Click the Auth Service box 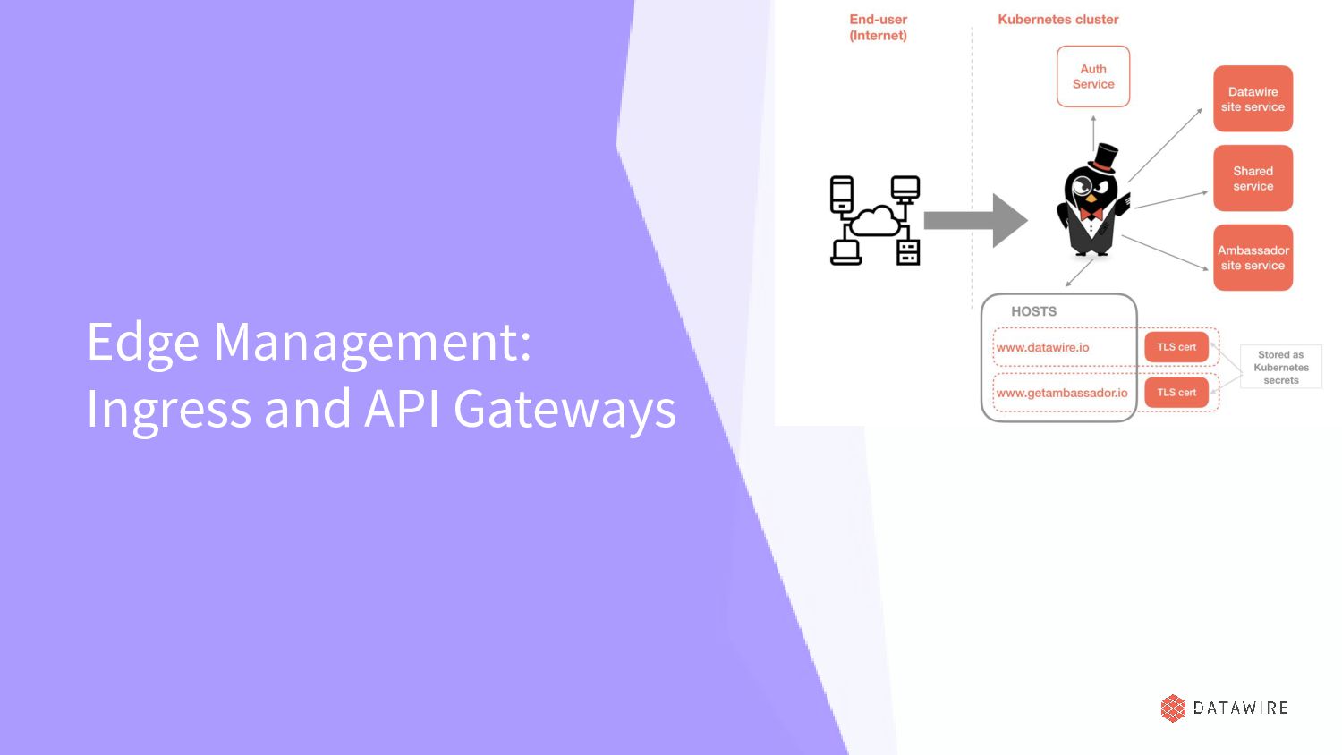1092,77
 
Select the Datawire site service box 1253,99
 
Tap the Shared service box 1253,179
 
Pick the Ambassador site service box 1253,258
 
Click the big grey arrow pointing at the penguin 974,220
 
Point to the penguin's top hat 1105,158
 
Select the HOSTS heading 1033,311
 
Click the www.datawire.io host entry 1042,347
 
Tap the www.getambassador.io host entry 1061,393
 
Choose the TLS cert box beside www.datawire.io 1176,347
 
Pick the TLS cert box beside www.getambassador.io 1176,393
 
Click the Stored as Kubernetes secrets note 1280,367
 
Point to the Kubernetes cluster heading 1057,19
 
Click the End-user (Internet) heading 878,27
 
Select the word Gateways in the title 565,410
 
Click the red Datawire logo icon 1173,708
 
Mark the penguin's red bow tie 1090,215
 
